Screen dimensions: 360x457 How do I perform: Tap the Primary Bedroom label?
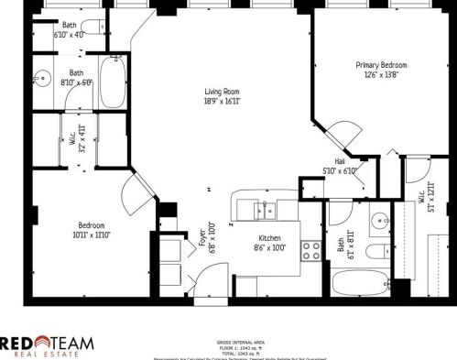tap(381, 65)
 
